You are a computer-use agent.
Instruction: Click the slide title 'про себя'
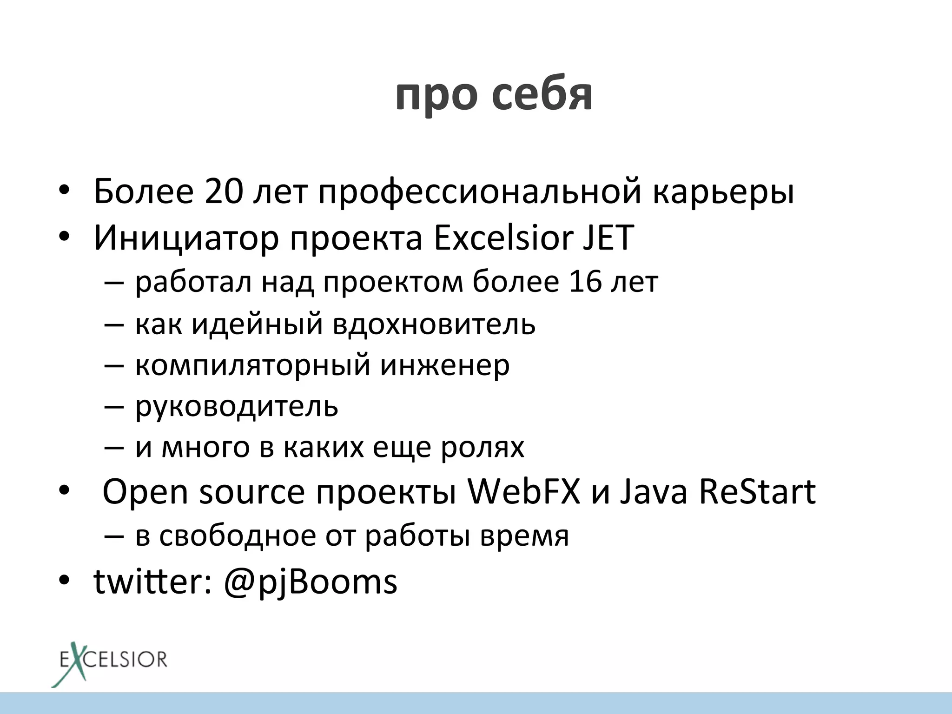(x=494, y=95)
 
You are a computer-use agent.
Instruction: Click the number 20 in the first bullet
(x=223, y=191)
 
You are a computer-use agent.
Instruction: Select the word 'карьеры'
(x=723, y=193)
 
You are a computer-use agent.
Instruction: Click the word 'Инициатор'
(x=186, y=238)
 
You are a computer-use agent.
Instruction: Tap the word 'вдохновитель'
(x=434, y=324)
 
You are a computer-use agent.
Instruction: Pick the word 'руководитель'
(x=237, y=406)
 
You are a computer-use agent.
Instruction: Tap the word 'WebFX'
(x=524, y=492)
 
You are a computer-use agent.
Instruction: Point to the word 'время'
(x=524, y=536)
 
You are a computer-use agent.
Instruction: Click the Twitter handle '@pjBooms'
(x=311, y=582)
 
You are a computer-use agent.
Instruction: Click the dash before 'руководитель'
(x=114, y=406)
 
